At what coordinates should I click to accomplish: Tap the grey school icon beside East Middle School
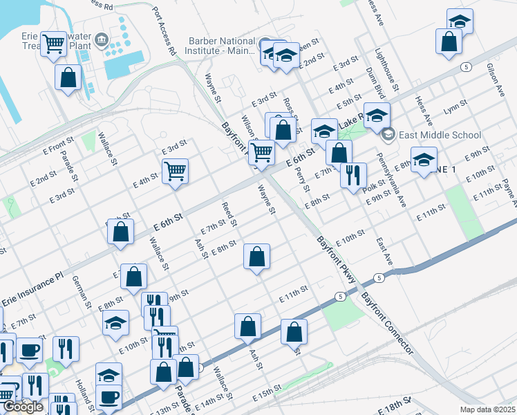pos(388,134)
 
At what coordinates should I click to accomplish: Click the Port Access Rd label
pos(164,32)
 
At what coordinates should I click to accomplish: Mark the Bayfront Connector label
pos(388,322)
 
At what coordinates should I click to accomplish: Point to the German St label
pos(82,291)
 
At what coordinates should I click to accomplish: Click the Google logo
pos(23,407)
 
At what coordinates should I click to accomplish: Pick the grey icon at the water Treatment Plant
pos(102,39)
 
